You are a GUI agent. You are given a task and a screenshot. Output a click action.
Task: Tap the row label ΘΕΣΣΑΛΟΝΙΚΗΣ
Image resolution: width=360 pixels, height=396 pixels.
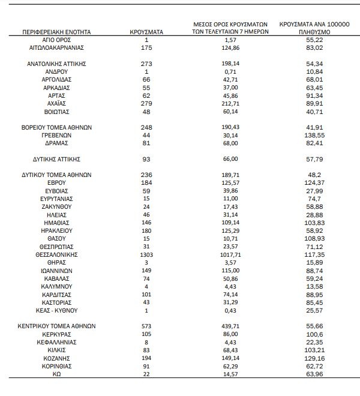pyautogui.click(x=58, y=254)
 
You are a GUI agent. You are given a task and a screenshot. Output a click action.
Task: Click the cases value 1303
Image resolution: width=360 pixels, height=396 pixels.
pyautogui.click(x=146, y=254)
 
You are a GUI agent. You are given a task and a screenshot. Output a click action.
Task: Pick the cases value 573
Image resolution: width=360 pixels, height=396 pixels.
pyautogui.click(x=146, y=326)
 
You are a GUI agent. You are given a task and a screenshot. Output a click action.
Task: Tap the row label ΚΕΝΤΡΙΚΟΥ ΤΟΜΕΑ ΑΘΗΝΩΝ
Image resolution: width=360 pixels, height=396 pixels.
pyautogui.click(x=58, y=326)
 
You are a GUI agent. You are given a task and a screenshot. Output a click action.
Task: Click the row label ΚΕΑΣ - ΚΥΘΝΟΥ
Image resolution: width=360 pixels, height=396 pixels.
pyautogui.click(x=58, y=310)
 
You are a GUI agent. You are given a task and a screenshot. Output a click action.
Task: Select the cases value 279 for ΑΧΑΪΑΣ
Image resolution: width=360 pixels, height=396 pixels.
pyautogui.click(x=146, y=103)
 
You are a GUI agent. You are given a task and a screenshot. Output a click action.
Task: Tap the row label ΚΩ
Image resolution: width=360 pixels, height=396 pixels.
pyautogui.click(x=58, y=374)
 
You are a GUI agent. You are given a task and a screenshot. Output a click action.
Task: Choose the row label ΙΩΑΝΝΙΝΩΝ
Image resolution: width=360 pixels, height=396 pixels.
pyautogui.click(x=58, y=270)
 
